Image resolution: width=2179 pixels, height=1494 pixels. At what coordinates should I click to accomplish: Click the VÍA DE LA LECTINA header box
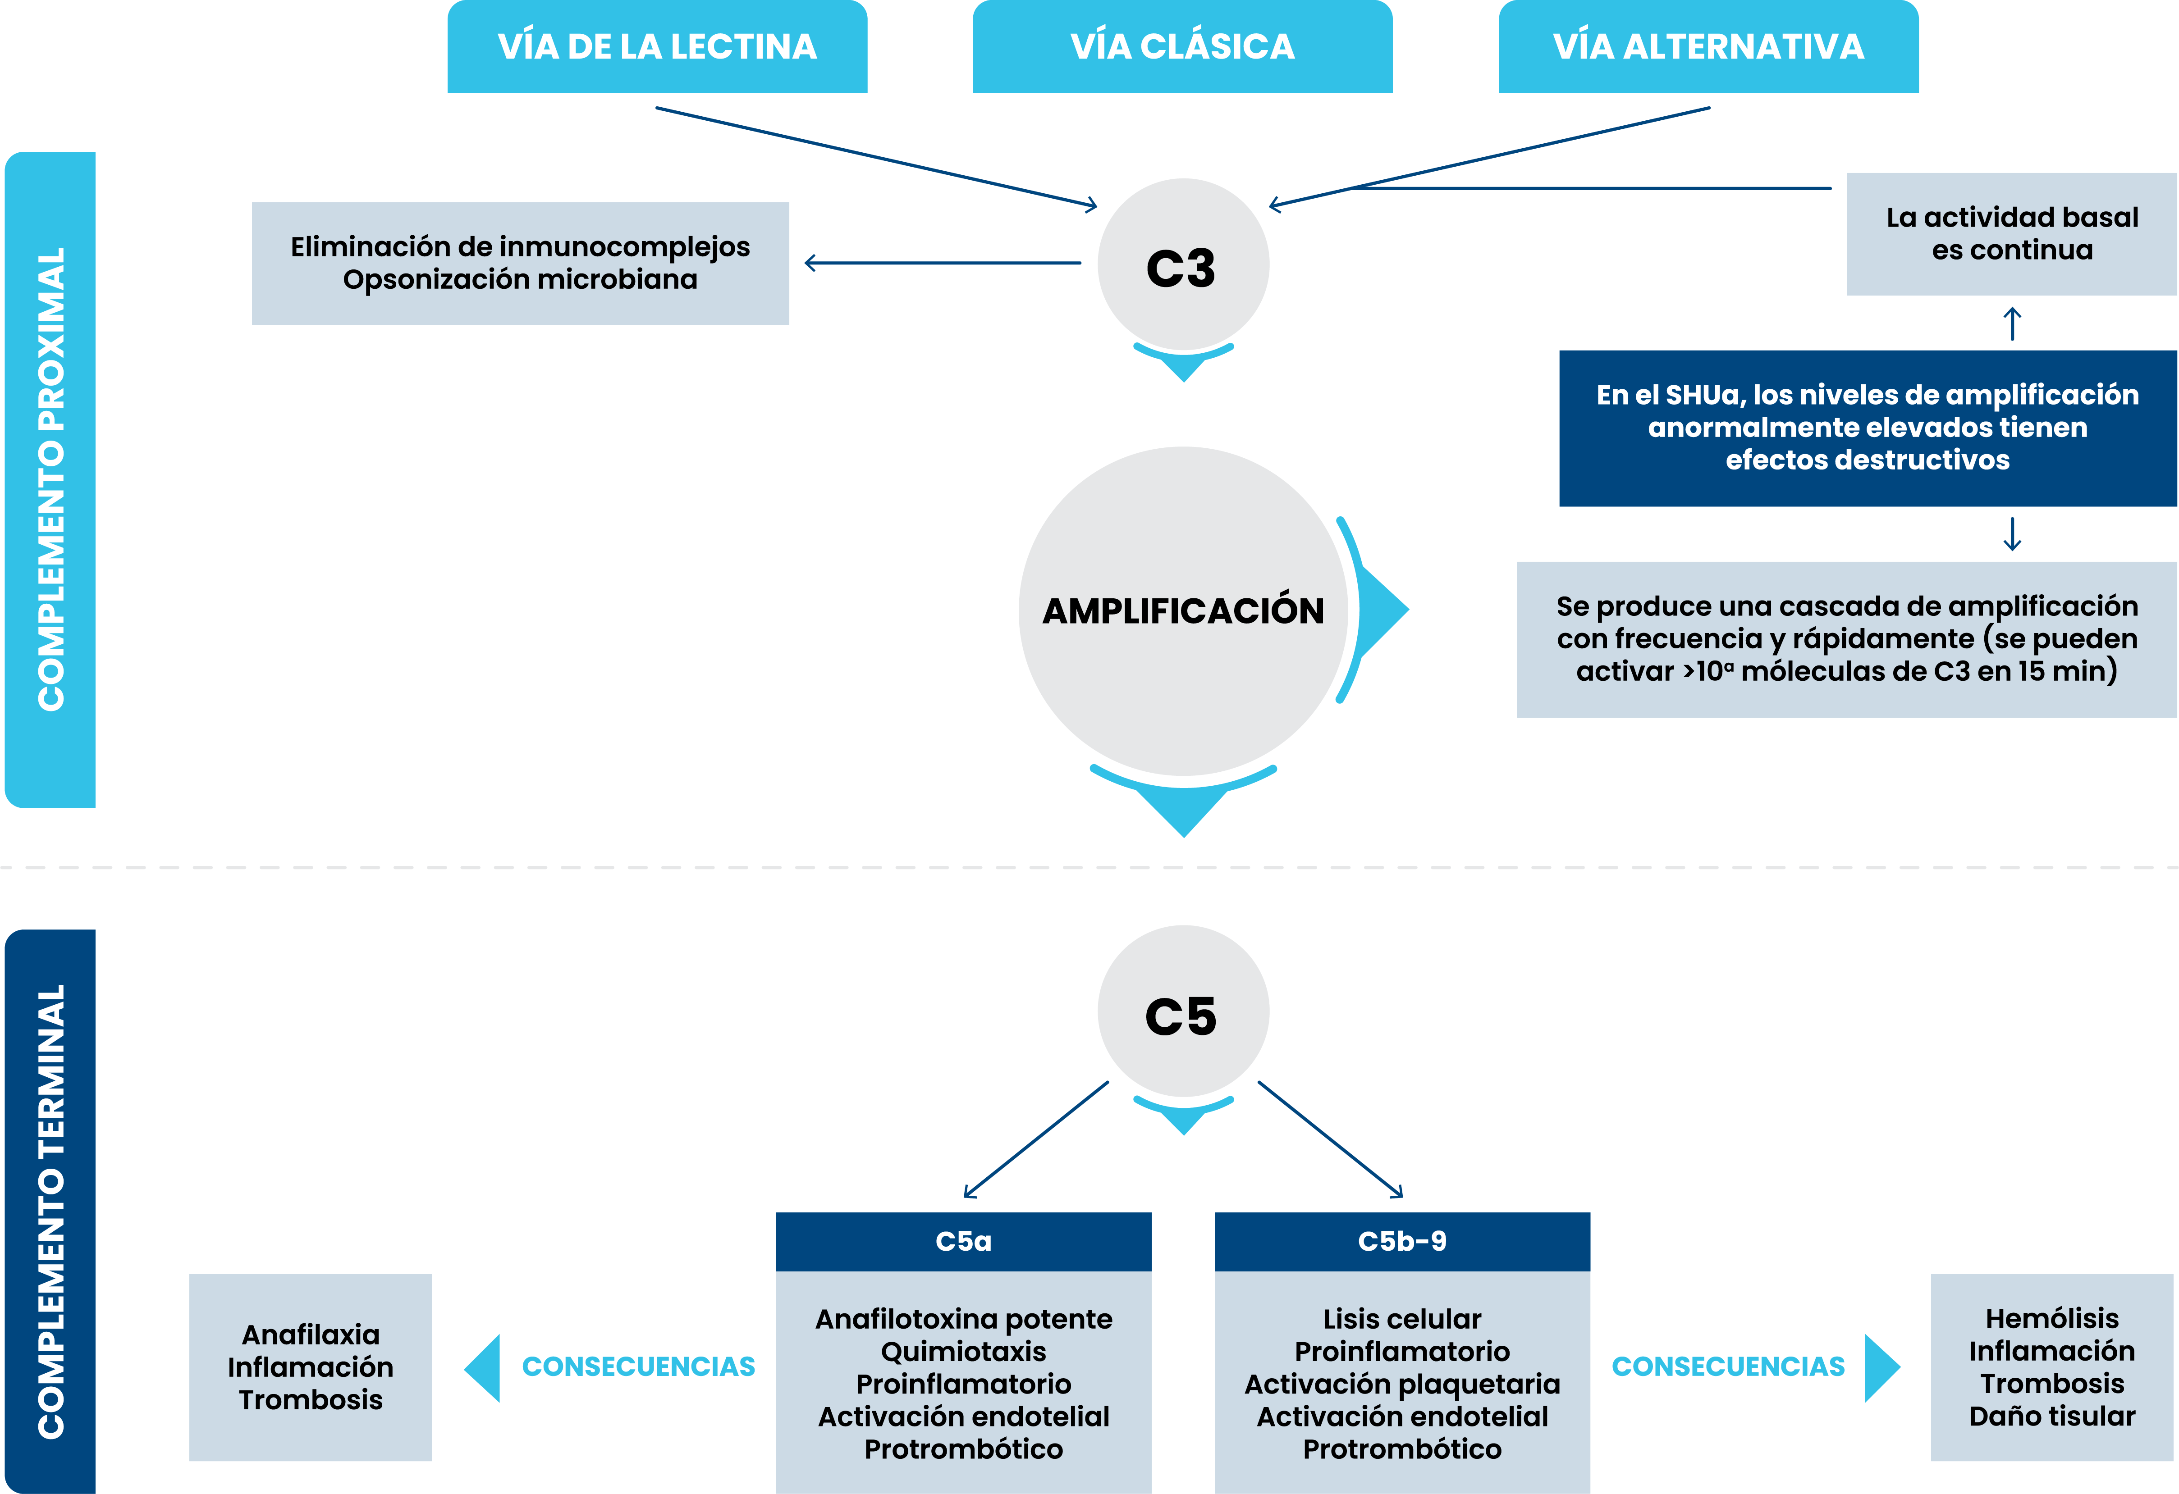pyautogui.click(x=657, y=46)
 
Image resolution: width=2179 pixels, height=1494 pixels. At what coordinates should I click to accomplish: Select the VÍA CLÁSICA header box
pyautogui.click(x=1182, y=46)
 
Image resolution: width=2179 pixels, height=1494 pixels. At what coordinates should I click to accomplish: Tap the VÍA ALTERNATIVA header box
pyautogui.click(x=1708, y=46)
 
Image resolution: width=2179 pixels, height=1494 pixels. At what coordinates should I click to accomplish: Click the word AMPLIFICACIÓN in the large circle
pyautogui.click(x=1183, y=611)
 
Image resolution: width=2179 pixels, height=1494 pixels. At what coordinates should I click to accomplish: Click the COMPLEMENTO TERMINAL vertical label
pyautogui.click(x=50, y=1211)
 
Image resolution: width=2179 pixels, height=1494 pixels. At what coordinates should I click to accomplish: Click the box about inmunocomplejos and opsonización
pyautogui.click(x=520, y=264)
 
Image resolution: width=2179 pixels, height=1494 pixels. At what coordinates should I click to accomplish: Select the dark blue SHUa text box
pyautogui.click(x=1868, y=428)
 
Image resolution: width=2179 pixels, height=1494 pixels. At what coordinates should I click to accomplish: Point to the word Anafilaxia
pyautogui.click(x=310, y=1335)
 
